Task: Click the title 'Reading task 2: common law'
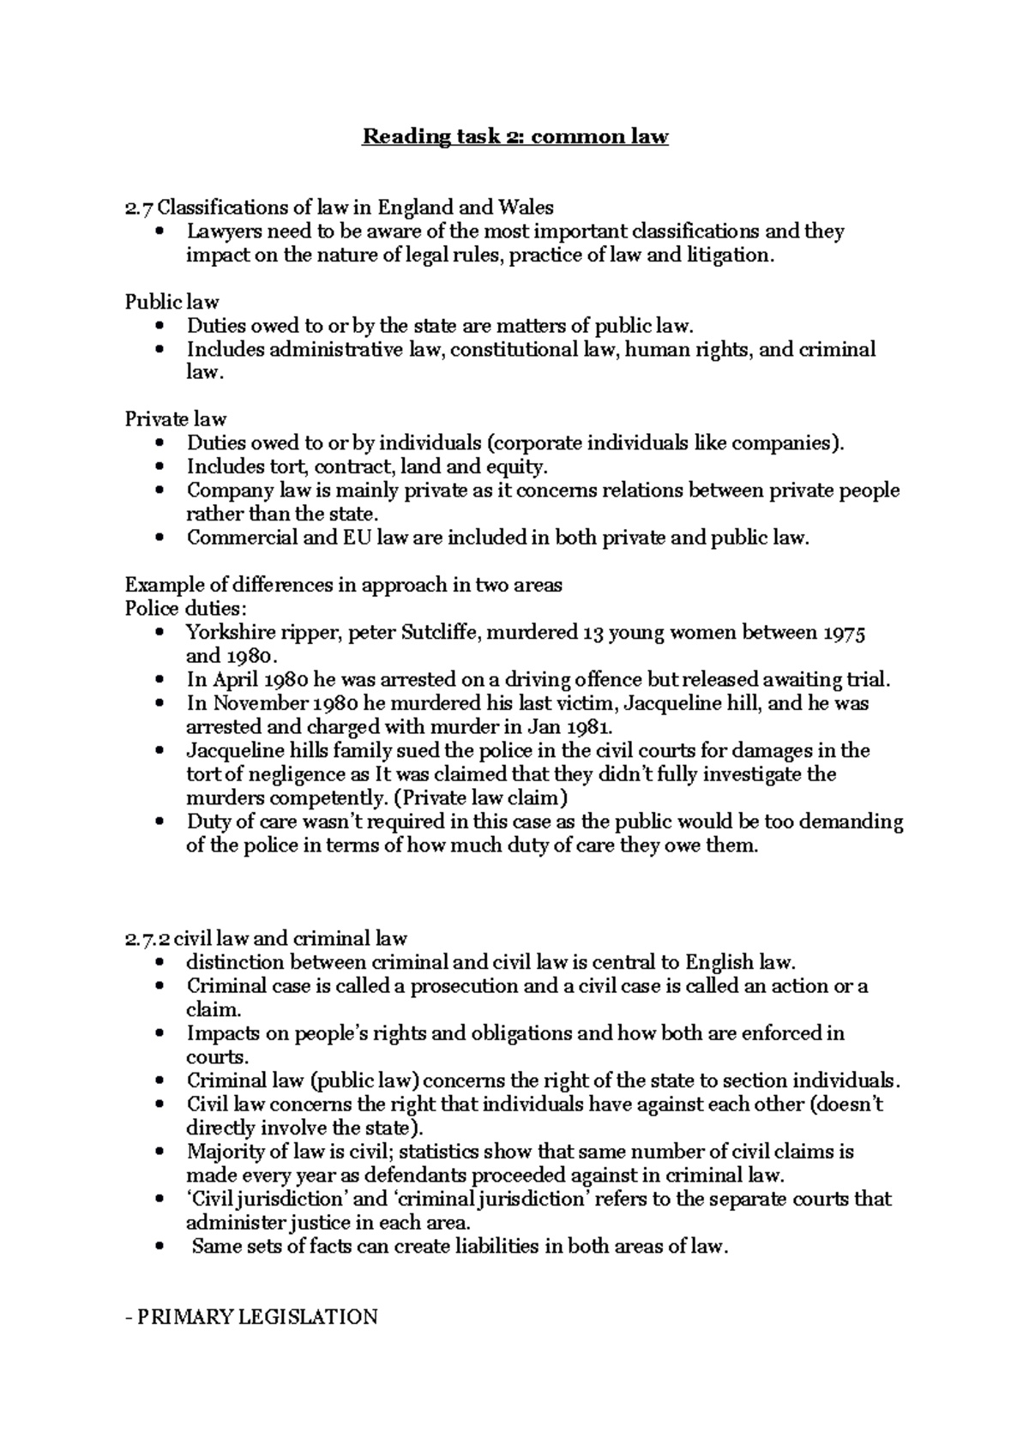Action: [x=514, y=136]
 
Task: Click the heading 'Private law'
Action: [x=175, y=419]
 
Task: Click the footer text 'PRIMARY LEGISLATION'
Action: [x=256, y=1317]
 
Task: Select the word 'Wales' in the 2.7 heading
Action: [x=526, y=208]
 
